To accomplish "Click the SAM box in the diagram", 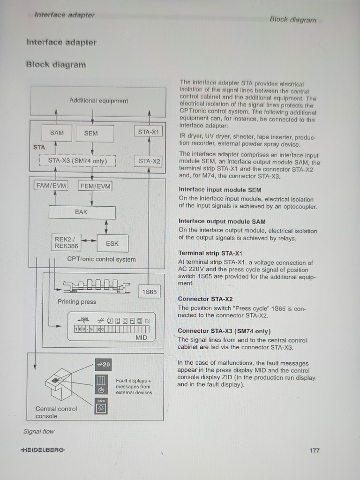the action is [x=57, y=133].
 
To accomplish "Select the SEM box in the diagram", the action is [x=91, y=133].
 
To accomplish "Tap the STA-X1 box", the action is [x=149, y=132].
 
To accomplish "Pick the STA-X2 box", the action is [x=149, y=161].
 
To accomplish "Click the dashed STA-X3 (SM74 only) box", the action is [x=78, y=161].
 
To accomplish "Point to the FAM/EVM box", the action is [x=51, y=186].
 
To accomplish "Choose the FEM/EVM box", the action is [x=95, y=186].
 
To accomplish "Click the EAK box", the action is [x=82, y=212].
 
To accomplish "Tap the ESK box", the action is [x=112, y=243].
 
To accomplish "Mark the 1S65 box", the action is [x=149, y=292].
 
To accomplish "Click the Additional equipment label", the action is [x=98, y=101].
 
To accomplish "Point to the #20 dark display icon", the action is [x=103, y=365].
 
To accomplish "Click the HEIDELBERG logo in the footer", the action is [x=43, y=450].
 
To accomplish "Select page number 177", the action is [x=314, y=450].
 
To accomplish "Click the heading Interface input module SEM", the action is [x=220, y=190].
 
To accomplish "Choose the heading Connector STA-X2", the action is [x=205, y=299].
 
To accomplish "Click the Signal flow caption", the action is [x=39, y=431].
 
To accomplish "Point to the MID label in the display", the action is [x=141, y=337].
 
